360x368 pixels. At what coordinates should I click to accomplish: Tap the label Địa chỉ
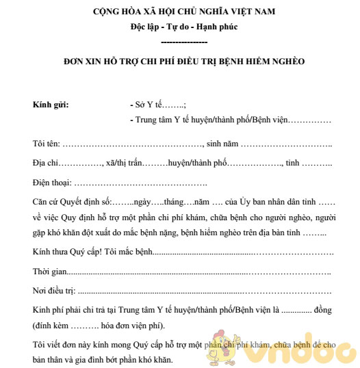click(x=45, y=165)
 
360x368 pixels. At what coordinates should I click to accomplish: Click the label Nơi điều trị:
click(x=54, y=291)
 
